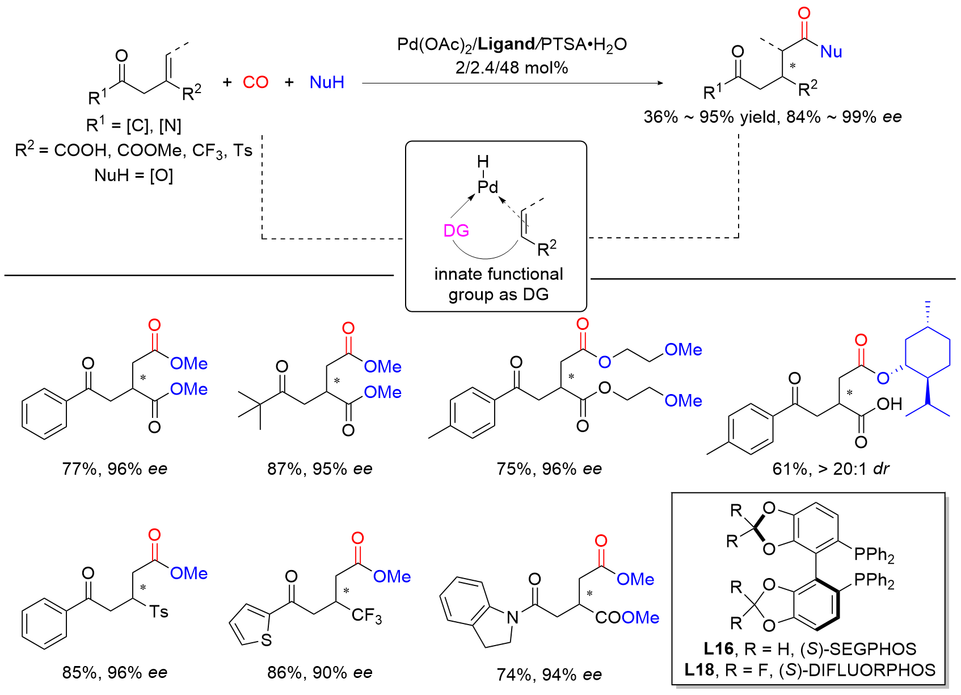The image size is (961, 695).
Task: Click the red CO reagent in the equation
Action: (x=255, y=82)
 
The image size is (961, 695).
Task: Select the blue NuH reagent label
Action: (x=327, y=82)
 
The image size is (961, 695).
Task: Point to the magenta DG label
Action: (x=456, y=231)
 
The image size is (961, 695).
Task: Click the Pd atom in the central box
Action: (x=488, y=187)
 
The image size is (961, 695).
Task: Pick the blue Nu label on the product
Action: (x=831, y=52)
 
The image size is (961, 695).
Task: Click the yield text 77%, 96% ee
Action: (x=115, y=469)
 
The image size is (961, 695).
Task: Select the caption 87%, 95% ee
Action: (x=319, y=469)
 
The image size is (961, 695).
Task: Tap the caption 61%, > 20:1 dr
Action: (x=831, y=469)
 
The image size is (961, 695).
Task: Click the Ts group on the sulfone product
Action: (x=159, y=612)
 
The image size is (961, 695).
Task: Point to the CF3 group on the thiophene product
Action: (x=366, y=616)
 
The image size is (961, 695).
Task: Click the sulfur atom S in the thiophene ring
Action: (x=267, y=640)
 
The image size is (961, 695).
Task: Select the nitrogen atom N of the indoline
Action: (x=512, y=618)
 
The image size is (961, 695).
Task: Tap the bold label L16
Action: (x=719, y=648)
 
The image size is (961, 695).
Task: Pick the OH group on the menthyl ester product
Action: (x=890, y=404)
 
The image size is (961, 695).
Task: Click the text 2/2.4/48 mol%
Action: (x=512, y=68)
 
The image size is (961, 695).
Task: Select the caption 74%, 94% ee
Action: (x=549, y=675)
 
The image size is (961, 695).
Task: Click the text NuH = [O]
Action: (x=133, y=175)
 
